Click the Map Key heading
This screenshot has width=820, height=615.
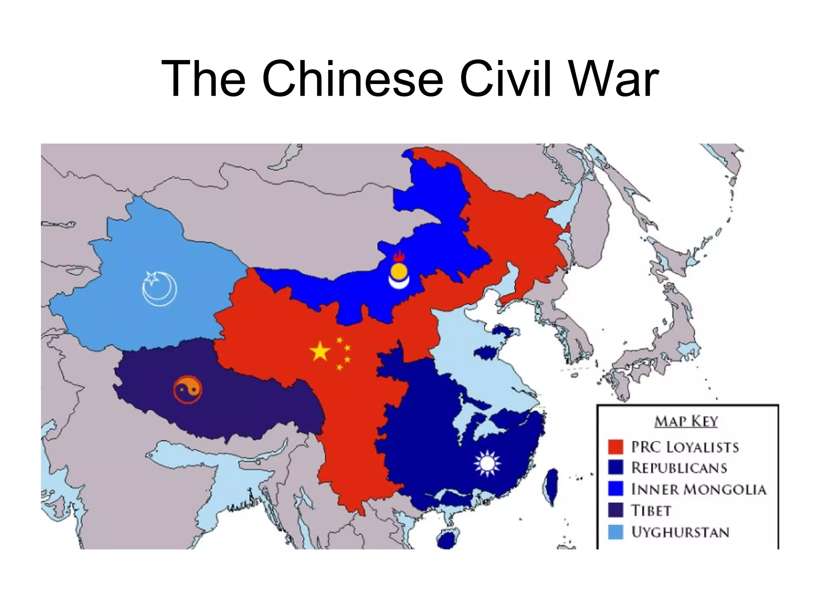pyautogui.click(x=686, y=421)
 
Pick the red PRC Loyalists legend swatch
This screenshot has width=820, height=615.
pyautogui.click(x=615, y=447)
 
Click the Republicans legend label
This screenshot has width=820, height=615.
pyautogui.click(x=679, y=468)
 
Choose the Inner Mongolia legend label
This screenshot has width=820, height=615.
pyautogui.click(x=699, y=489)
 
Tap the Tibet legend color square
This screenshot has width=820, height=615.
pyautogui.click(x=615, y=510)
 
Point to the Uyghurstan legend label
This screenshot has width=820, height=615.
pyautogui.click(x=680, y=532)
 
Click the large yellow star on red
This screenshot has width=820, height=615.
pyautogui.click(x=320, y=352)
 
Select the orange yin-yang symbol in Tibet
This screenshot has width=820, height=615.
pyautogui.click(x=188, y=390)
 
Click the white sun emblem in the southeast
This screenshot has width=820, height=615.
pyautogui.click(x=487, y=463)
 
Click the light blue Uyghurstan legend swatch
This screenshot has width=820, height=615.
pyautogui.click(x=615, y=532)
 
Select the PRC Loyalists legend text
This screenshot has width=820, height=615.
pyautogui.click(x=685, y=447)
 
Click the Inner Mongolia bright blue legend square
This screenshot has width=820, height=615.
pyautogui.click(x=615, y=489)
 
